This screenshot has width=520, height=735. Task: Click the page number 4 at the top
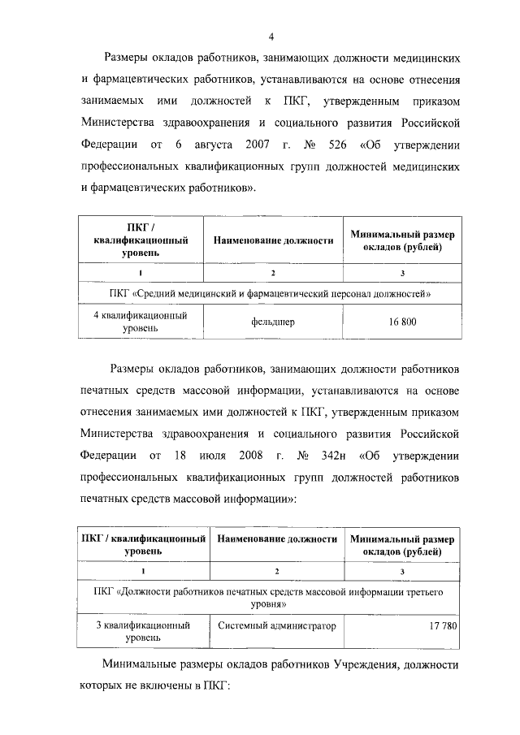pyautogui.click(x=273, y=36)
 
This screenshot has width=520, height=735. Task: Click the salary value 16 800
pyautogui.click(x=402, y=322)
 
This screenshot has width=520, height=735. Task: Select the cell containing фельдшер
pyautogui.click(x=273, y=322)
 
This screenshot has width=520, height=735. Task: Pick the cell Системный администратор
pyautogui.click(x=273, y=626)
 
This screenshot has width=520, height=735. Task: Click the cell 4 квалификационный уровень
pyautogui.click(x=136, y=322)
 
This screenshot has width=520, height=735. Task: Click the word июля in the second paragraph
pyautogui.click(x=209, y=452)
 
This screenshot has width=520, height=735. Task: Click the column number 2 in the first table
pyautogui.click(x=273, y=272)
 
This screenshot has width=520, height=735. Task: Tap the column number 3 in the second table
pyautogui.click(x=402, y=573)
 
